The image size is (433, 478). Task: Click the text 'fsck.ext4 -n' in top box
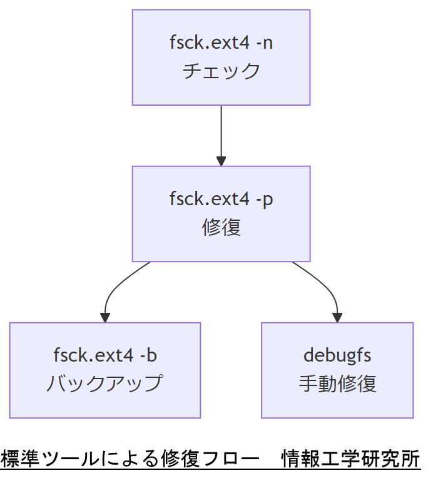click(x=221, y=43)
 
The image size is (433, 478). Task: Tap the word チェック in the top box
click(x=221, y=71)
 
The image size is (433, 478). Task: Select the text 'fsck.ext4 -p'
click(x=221, y=200)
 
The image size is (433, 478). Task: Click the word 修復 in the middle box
click(x=221, y=227)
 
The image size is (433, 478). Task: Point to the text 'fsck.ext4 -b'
click(x=105, y=355)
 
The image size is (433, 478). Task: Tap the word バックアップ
click(x=105, y=383)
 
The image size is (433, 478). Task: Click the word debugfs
click(x=337, y=355)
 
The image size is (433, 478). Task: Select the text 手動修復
click(x=337, y=383)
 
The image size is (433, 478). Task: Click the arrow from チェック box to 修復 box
click(x=221, y=131)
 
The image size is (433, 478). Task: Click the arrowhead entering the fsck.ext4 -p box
click(x=221, y=161)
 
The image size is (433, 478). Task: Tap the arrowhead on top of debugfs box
click(x=338, y=317)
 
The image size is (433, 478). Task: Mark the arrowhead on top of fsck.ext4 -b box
click(x=105, y=317)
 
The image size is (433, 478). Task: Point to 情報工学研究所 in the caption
click(x=351, y=459)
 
